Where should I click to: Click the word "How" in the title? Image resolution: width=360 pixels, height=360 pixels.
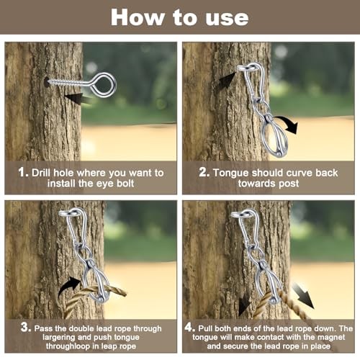click(x=138, y=17)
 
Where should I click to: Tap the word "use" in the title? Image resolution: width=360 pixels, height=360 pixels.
click(x=227, y=18)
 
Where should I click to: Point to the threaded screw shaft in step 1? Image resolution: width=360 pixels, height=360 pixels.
click(x=68, y=82)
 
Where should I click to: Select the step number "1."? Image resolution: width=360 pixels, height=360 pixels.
click(x=23, y=172)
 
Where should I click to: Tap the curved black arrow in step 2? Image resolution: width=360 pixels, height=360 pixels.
click(x=287, y=123)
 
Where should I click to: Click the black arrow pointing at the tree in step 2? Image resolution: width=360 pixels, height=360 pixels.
click(x=227, y=80)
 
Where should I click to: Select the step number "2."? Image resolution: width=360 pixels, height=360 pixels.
click(x=204, y=172)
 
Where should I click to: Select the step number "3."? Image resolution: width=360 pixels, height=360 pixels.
click(x=26, y=327)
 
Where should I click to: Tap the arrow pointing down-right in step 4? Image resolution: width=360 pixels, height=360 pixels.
click(x=303, y=295)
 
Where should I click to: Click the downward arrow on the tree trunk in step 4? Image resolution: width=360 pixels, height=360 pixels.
click(x=245, y=305)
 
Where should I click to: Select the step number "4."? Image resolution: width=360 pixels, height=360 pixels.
click(x=190, y=327)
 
